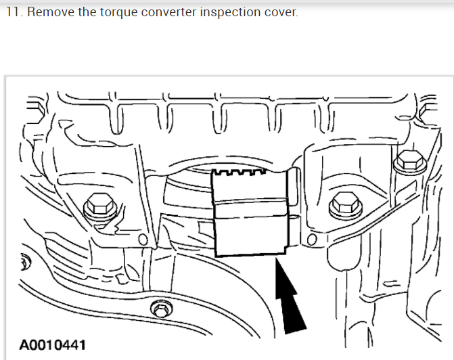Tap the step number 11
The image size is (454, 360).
click(13, 13)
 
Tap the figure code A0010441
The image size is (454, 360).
click(53, 345)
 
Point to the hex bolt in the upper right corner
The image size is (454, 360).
click(408, 160)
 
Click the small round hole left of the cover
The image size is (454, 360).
click(143, 240)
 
